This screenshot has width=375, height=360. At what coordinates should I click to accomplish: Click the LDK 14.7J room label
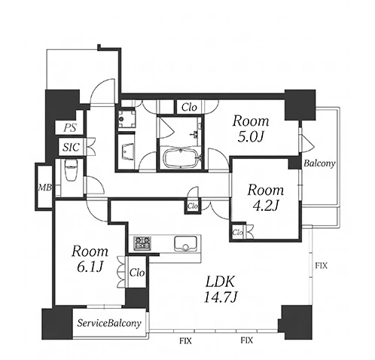[221, 289]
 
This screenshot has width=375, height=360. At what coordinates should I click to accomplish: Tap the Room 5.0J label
[251, 129]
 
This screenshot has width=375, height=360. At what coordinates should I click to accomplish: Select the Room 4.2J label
[266, 197]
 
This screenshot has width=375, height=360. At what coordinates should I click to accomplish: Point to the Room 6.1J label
[90, 259]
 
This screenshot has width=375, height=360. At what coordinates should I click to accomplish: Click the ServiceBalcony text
[109, 323]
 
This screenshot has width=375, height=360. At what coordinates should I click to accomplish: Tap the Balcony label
[319, 163]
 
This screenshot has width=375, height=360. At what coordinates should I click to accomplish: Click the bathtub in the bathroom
[181, 157]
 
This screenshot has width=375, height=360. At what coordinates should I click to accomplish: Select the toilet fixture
[69, 169]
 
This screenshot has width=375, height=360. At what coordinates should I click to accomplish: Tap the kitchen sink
[185, 243]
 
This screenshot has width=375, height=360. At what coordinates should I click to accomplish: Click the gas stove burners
[142, 243]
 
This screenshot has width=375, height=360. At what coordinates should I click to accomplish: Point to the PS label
[69, 128]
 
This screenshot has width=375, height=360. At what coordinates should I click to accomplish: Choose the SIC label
[71, 147]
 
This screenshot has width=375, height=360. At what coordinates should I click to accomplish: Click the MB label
[45, 188]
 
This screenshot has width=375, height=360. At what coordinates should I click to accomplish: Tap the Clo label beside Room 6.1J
[137, 273]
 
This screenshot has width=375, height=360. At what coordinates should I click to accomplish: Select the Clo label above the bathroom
[189, 108]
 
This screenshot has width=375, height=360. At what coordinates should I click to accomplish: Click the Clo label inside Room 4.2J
[237, 233]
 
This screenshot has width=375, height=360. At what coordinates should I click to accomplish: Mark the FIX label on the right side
[322, 266]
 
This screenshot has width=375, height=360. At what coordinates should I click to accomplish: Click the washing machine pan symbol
[127, 119]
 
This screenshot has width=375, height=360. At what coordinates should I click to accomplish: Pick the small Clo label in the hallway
[193, 206]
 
